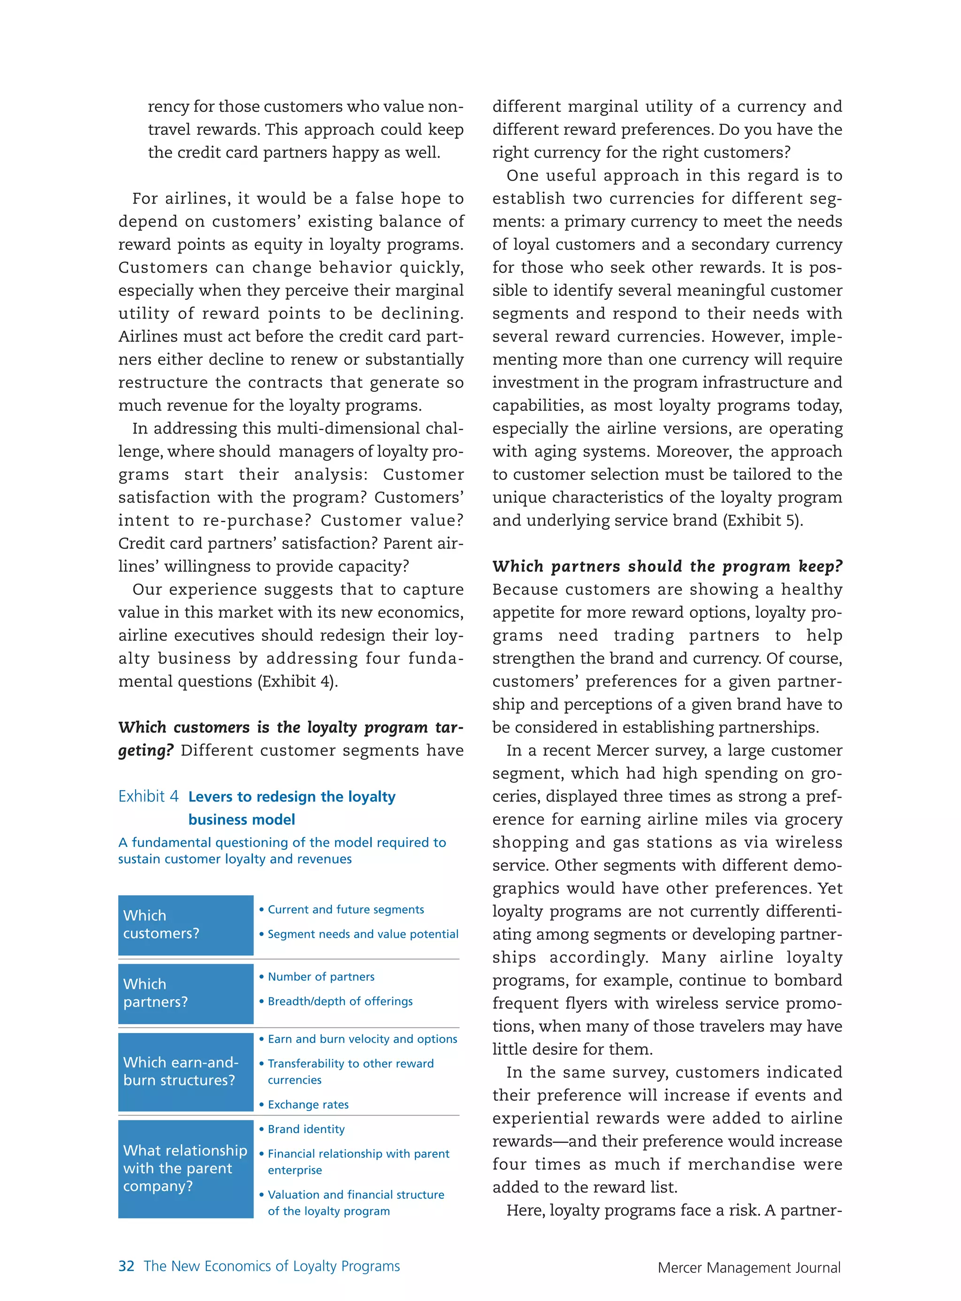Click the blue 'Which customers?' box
coord(185,924)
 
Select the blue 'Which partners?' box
coord(185,993)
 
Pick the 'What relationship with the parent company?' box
coord(185,1168)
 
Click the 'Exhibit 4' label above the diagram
coord(148,796)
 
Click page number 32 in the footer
coord(126,1266)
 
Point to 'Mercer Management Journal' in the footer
coord(749,1267)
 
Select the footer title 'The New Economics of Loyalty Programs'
coord(272,1266)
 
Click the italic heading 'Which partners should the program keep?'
coord(667,566)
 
